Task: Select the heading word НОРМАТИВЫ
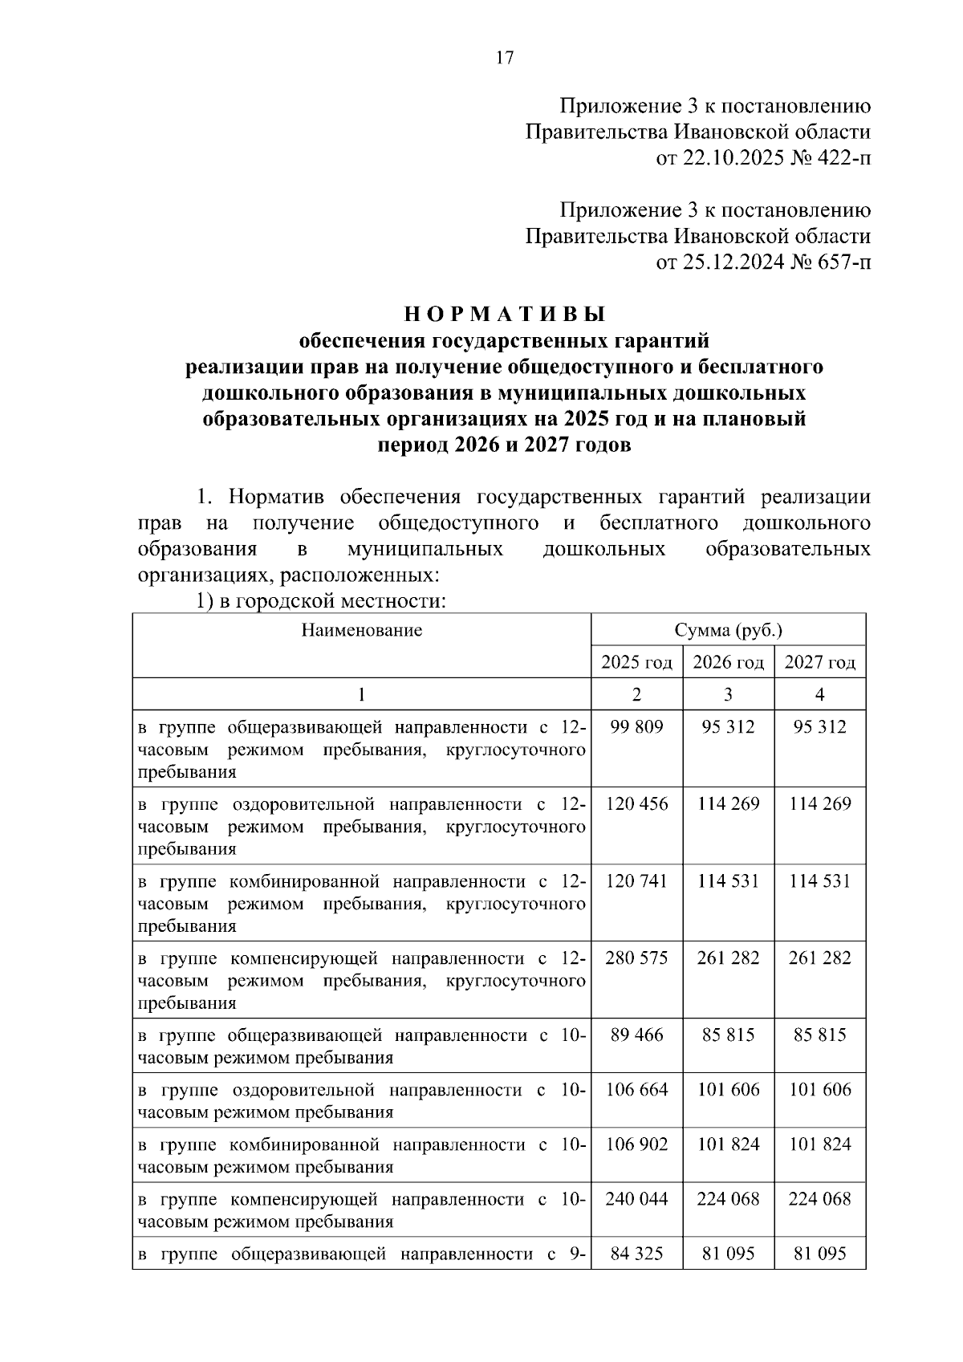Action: [x=504, y=313]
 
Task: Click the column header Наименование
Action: [x=362, y=630]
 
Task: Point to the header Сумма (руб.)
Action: [x=728, y=630]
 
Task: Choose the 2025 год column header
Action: [x=636, y=663]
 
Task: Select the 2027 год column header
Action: [x=819, y=663]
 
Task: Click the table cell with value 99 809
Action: [x=636, y=727]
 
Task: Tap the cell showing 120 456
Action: [x=636, y=804]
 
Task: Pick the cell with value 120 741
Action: [x=636, y=881]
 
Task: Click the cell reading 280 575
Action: [x=636, y=958]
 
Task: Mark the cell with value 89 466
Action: [x=636, y=1035]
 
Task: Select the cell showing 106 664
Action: [x=636, y=1090]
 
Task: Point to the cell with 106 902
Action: [x=636, y=1144]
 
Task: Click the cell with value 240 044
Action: [x=636, y=1199]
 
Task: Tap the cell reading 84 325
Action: [x=636, y=1254]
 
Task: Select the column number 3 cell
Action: [x=728, y=695]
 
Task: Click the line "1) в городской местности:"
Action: [x=321, y=601]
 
